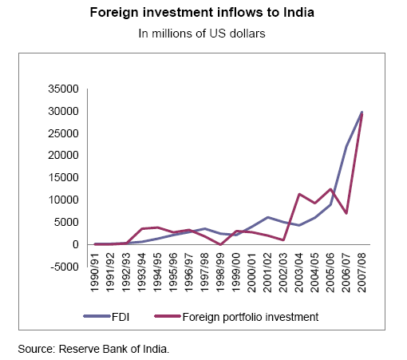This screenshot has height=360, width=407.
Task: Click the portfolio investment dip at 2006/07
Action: click(346, 213)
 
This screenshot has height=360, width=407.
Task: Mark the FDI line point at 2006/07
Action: click(346, 146)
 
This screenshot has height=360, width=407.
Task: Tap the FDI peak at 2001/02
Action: click(268, 217)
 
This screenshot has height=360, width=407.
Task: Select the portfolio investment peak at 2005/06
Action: click(330, 189)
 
